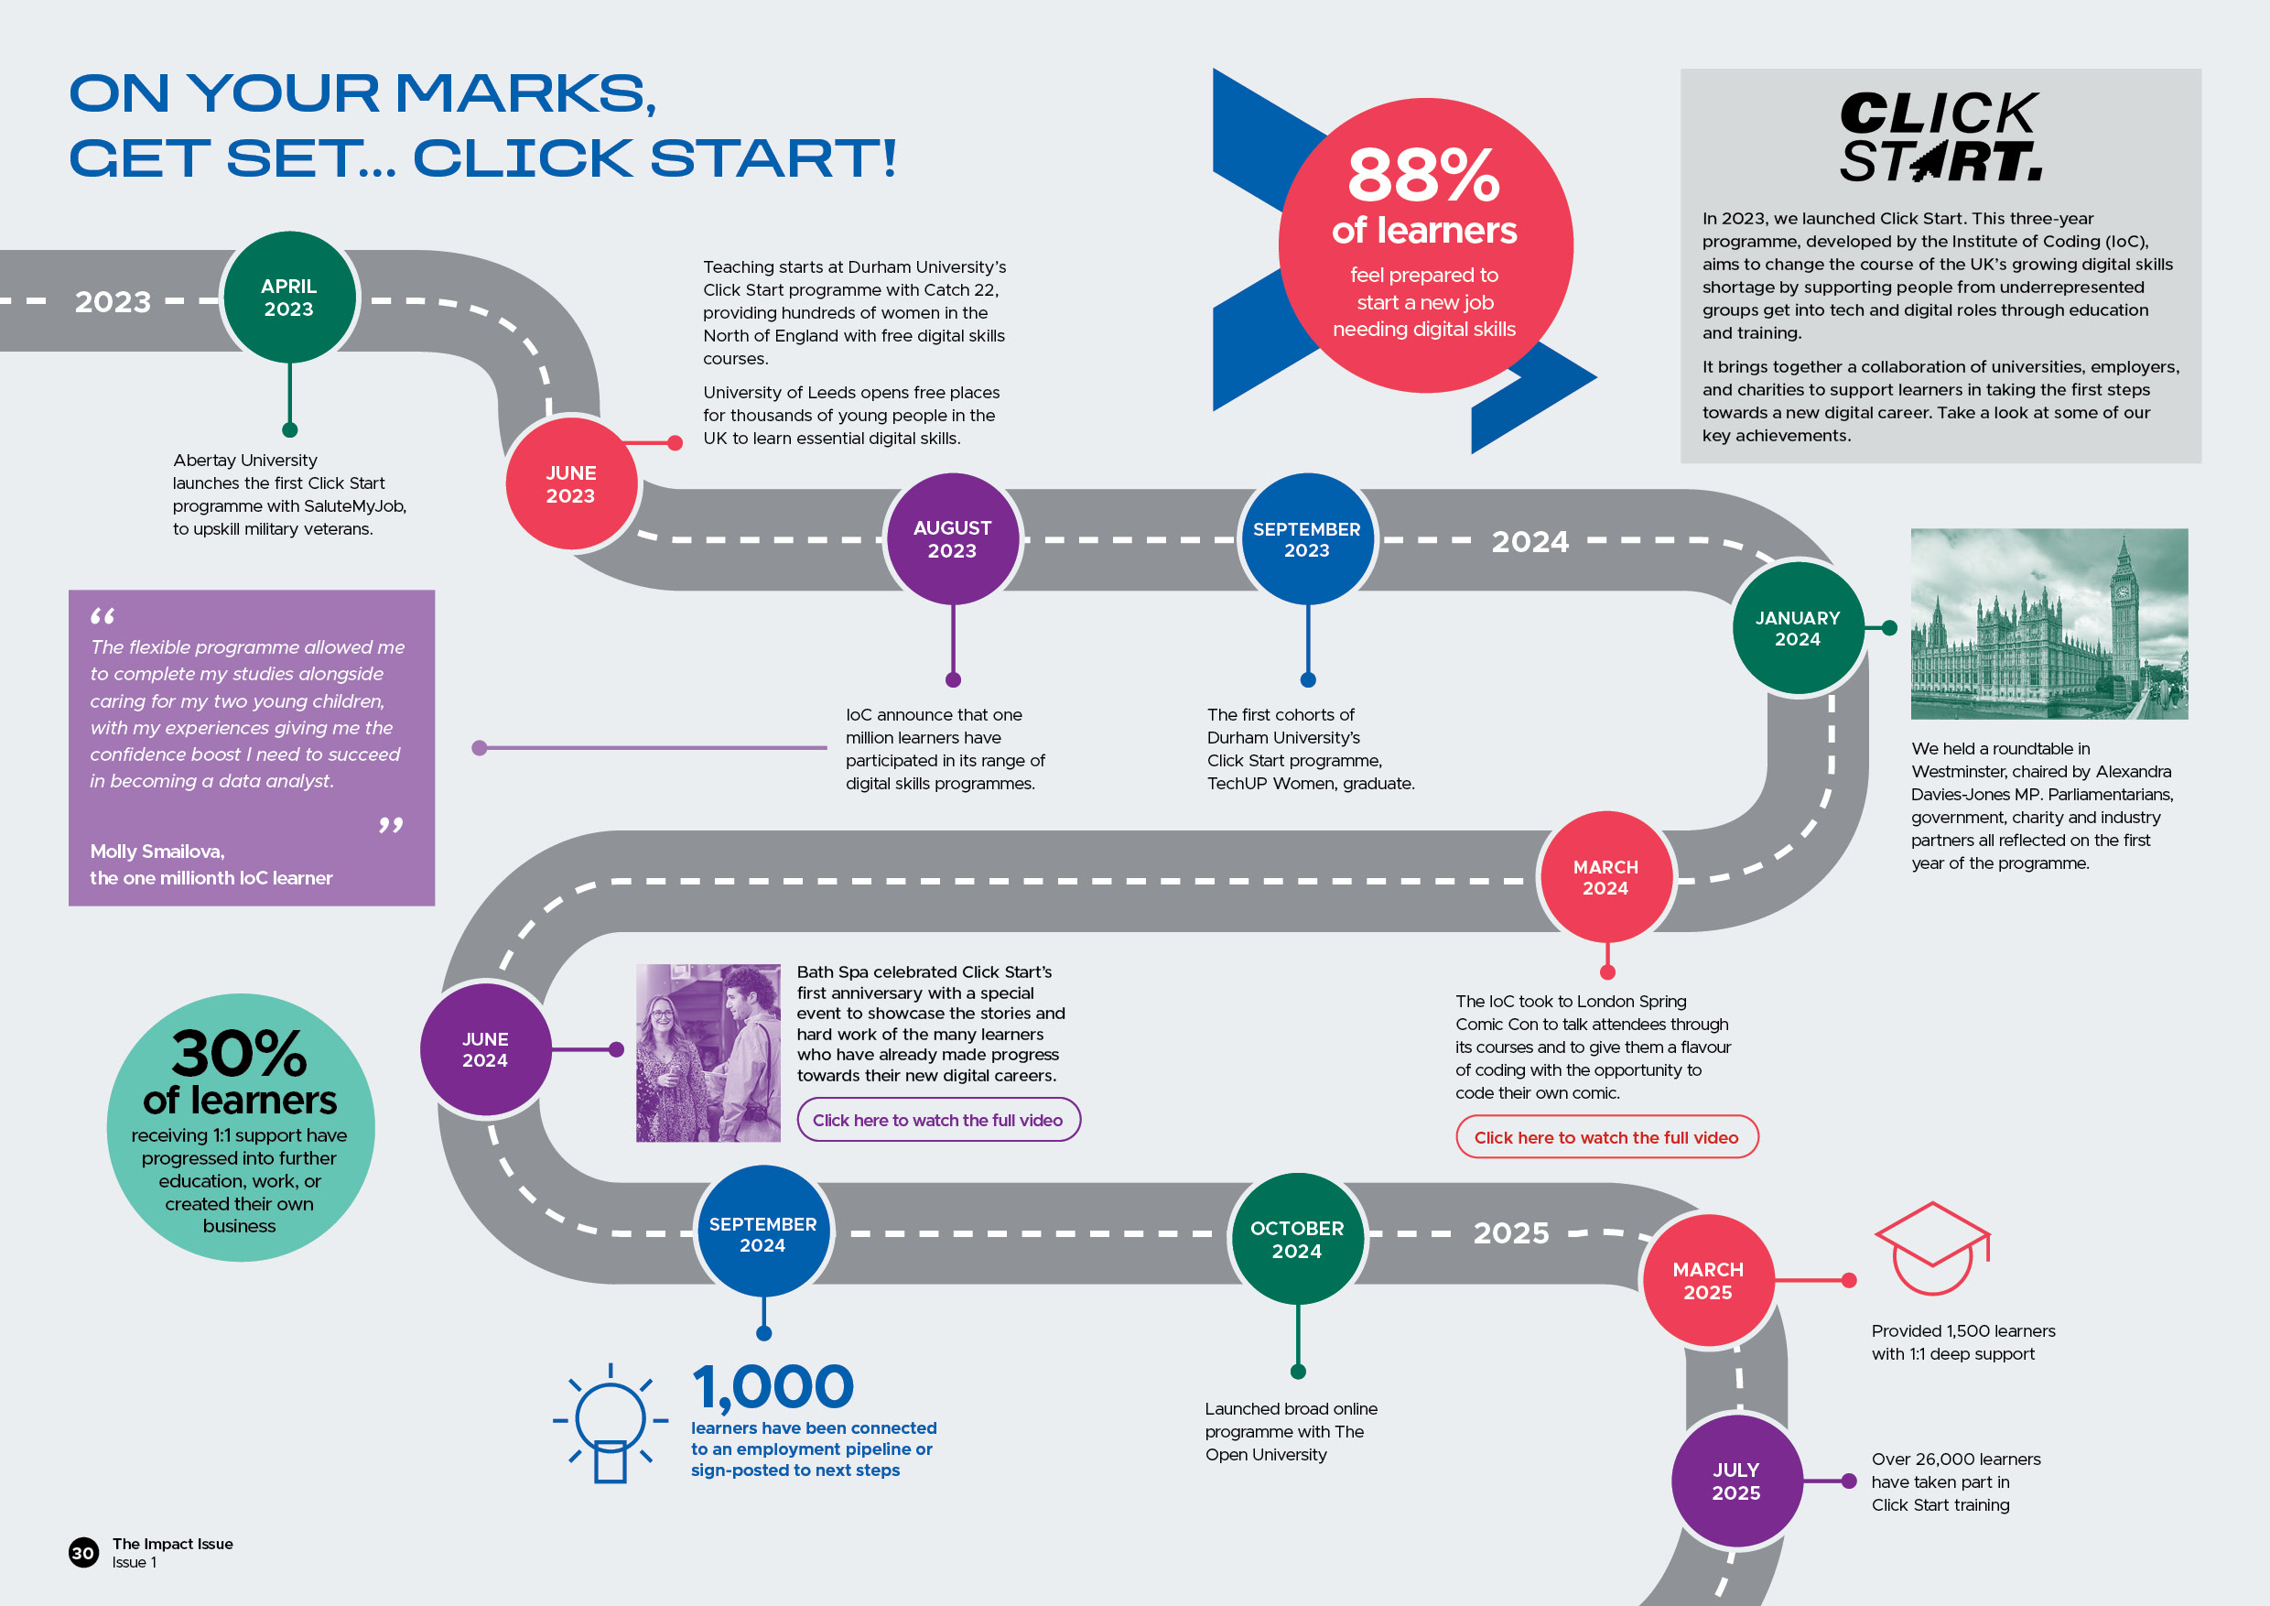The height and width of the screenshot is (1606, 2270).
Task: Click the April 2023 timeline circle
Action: [x=288, y=298]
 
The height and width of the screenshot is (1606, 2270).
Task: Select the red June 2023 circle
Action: [x=571, y=484]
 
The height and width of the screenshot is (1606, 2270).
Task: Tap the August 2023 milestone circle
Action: [x=952, y=539]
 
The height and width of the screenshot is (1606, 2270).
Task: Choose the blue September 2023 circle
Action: [x=1307, y=539]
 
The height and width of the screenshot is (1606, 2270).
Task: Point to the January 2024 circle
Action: [x=1798, y=628]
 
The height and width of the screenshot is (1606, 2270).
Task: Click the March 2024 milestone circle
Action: [x=1605, y=877]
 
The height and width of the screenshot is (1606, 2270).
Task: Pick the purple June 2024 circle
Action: [x=485, y=1049]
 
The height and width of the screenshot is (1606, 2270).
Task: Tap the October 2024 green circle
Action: [x=1297, y=1239]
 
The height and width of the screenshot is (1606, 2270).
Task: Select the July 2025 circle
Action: [x=1736, y=1481]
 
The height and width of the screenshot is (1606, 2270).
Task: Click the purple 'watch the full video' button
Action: [x=938, y=1120]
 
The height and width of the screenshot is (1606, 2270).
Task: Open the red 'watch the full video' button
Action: [x=1606, y=1137]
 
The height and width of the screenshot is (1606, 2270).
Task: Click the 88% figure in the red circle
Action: [x=1423, y=176]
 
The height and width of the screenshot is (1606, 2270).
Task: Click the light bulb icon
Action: [x=610, y=1422]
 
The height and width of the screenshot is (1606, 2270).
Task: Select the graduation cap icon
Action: [x=1932, y=1247]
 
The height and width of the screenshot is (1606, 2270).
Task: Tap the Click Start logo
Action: [x=1940, y=137]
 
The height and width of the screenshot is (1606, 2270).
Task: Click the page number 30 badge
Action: [x=83, y=1552]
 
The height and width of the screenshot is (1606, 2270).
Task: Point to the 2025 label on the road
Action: [x=1510, y=1233]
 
